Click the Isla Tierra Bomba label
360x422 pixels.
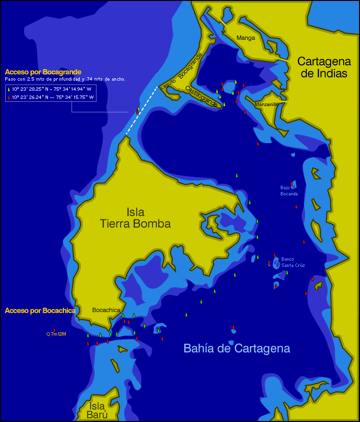click(x=135, y=218)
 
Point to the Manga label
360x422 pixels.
click(x=246, y=38)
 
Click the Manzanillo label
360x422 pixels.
click(x=266, y=104)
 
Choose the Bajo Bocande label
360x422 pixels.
click(x=289, y=191)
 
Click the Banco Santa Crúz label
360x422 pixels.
click(x=293, y=262)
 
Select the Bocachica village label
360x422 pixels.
click(x=106, y=310)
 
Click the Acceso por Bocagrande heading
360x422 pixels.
click(x=43, y=72)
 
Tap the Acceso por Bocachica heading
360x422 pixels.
click(x=40, y=311)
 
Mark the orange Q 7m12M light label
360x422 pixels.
click(x=56, y=334)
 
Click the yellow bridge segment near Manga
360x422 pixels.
click(x=222, y=23)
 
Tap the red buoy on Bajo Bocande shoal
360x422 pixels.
click(x=291, y=183)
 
